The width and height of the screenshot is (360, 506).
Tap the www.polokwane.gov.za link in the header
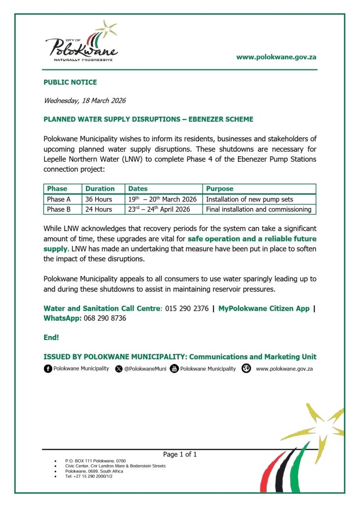click(276, 57)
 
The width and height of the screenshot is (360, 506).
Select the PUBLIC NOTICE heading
click(70, 82)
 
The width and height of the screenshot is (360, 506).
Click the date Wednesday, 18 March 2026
click(84, 101)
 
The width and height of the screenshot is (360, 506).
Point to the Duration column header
click(100, 189)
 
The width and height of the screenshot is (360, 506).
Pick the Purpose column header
click(220, 189)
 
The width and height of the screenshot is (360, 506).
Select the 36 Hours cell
click(99, 199)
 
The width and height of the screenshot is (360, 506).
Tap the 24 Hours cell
click(99, 209)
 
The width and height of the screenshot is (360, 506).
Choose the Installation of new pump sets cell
click(249, 199)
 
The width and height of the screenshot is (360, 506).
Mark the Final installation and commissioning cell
click(258, 209)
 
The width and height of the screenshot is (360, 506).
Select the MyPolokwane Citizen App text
click(264, 309)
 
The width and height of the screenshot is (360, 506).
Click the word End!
click(51, 338)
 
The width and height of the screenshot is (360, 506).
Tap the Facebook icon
click(48, 369)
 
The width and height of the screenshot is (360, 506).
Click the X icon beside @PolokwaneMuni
click(119, 369)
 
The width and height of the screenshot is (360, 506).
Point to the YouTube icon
click(174, 369)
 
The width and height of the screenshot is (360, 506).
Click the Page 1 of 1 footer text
click(180, 454)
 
